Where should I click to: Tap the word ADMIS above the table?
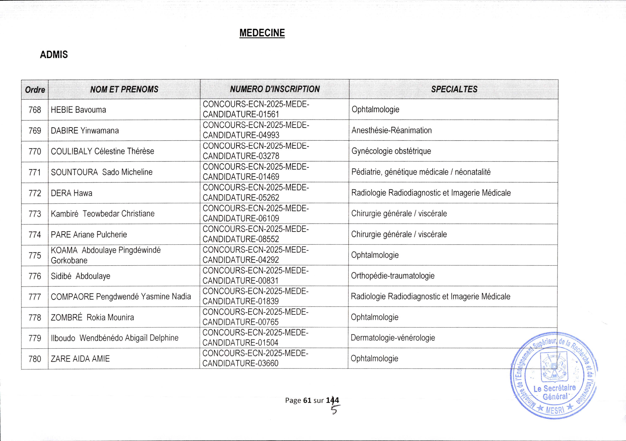54,55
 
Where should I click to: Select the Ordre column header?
35,90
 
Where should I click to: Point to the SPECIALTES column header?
454,89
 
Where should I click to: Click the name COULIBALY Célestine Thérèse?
102,151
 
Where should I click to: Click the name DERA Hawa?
71,193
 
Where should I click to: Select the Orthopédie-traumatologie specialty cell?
393,276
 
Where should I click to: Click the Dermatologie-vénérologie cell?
393,338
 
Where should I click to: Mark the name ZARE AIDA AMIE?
80,359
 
